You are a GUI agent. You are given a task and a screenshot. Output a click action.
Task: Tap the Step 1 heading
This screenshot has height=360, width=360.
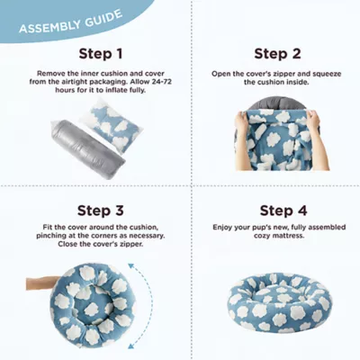(101, 53)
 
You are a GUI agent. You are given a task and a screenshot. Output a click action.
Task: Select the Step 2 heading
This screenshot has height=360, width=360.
(277, 53)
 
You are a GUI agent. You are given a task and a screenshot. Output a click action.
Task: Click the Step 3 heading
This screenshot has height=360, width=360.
(101, 211)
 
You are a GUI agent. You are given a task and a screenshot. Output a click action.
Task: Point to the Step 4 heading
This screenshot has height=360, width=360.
(277, 211)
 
